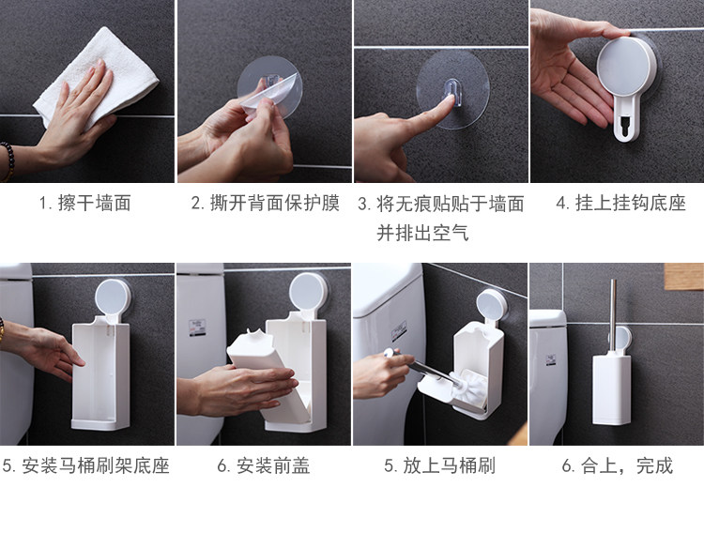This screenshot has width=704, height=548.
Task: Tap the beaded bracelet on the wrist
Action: pyautogui.click(x=8, y=160)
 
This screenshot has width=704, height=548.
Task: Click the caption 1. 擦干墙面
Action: pyautogui.click(x=84, y=204)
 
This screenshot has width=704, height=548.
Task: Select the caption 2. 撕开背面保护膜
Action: pyautogui.click(x=265, y=204)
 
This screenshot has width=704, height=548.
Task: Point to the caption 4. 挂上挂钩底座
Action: pyautogui.click(x=621, y=204)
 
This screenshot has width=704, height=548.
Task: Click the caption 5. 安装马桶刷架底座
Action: pyautogui.click(x=85, y=465)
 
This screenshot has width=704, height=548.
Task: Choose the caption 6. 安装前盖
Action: pyautogui.click(x=264, y=465)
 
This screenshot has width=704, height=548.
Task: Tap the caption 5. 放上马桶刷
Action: pyautogui.click(x=440, y=465)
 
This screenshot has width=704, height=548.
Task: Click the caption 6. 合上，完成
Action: pyautogui.click(x=618, y=465)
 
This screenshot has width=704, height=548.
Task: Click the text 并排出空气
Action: pyautogui.click(x=422, y=233)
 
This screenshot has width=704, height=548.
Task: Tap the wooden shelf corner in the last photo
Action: pyautogui.click(x=683, y=277)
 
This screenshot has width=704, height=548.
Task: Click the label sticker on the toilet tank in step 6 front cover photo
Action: pyautogui.click(x=197, y=327)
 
